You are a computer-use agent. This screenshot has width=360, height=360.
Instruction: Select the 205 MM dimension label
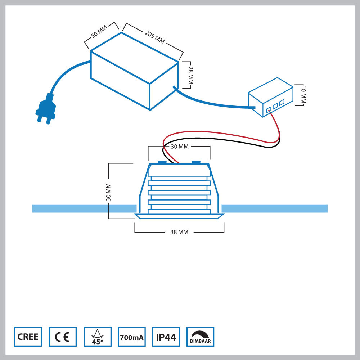[155, 37]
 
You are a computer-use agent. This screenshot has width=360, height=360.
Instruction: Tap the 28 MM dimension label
[191, 75]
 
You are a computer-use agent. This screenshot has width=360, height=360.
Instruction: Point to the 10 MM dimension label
[303, 95]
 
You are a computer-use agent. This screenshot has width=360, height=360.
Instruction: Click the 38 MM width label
[179, 233]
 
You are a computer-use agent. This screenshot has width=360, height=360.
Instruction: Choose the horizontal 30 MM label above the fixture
[179, 147]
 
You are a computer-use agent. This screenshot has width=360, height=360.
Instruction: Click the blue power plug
[46, 109]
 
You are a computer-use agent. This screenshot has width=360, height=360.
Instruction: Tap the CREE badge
[28, 337]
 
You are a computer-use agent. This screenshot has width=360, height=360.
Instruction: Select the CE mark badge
[63, 337]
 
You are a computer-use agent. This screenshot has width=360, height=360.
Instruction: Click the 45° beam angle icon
[97, 337]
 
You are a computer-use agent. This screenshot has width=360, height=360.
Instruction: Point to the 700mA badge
[131, 337]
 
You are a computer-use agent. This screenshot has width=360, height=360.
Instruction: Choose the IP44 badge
[166, 337]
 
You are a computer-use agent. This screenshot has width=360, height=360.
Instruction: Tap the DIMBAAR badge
[200, 337]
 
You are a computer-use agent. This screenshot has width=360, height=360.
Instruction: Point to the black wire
[230, 142]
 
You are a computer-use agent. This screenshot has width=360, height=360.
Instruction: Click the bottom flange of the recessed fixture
[179, 216]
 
